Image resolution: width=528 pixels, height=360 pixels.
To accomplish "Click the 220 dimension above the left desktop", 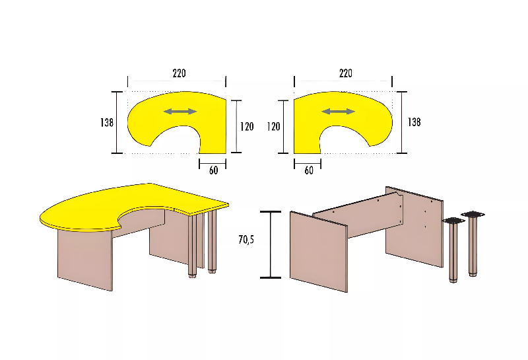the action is [179, 73].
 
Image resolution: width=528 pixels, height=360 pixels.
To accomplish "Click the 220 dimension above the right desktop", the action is [346, 73].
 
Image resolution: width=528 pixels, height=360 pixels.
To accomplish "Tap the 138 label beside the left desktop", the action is [107, 122].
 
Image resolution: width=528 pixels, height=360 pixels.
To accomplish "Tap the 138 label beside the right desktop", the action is [414, 122].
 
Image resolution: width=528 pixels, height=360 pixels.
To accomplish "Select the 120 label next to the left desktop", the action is [247, 126].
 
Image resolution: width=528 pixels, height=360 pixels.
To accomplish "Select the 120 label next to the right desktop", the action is [273, 126].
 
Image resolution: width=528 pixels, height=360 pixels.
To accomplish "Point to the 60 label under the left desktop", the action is [213, 170].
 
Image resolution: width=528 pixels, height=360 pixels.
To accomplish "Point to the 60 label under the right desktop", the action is [309, 170].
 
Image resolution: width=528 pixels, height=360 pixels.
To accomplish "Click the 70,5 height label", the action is [246, 240].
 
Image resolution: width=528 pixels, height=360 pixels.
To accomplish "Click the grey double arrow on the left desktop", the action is [180, 112].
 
